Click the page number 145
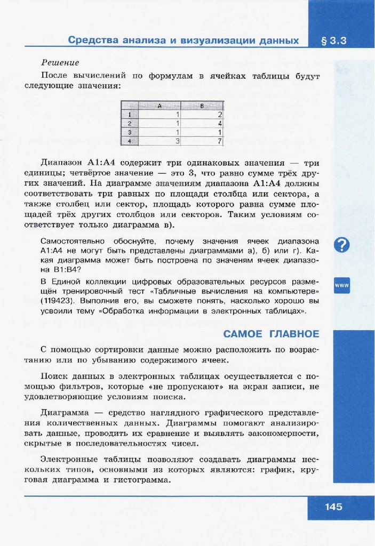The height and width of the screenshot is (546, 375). [x=334, y=507]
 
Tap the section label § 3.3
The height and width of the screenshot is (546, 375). [x=334, y=41]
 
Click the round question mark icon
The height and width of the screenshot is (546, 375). [x=342, y=245]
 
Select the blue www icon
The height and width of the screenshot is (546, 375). [x=342, y=286]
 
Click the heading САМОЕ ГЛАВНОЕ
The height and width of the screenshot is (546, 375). [x=271, y=334]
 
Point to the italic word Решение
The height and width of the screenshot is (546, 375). [x=60, y=63]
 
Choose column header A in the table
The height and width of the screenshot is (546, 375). [x=159, y=105]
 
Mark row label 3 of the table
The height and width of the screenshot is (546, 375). [x=129, y=132]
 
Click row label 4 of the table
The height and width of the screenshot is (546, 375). [x=129, y=141]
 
